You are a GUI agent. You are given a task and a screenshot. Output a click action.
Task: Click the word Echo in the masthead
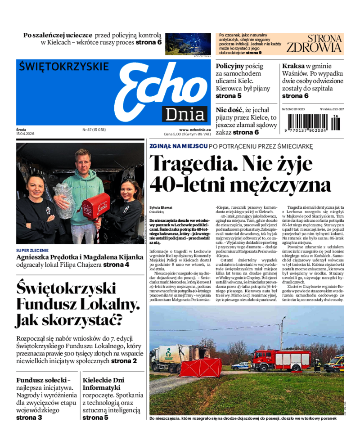point(160,88)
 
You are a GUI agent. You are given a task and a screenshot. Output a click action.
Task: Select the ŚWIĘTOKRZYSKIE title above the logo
point(64,67)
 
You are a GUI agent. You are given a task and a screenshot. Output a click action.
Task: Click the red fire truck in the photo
point(281,360)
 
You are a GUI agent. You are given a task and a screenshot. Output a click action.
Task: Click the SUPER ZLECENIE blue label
point(32,250)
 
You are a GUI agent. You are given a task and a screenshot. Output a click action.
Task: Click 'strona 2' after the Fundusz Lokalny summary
point(124,360)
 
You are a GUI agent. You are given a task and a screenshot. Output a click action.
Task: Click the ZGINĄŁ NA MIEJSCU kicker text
point(179,146)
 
